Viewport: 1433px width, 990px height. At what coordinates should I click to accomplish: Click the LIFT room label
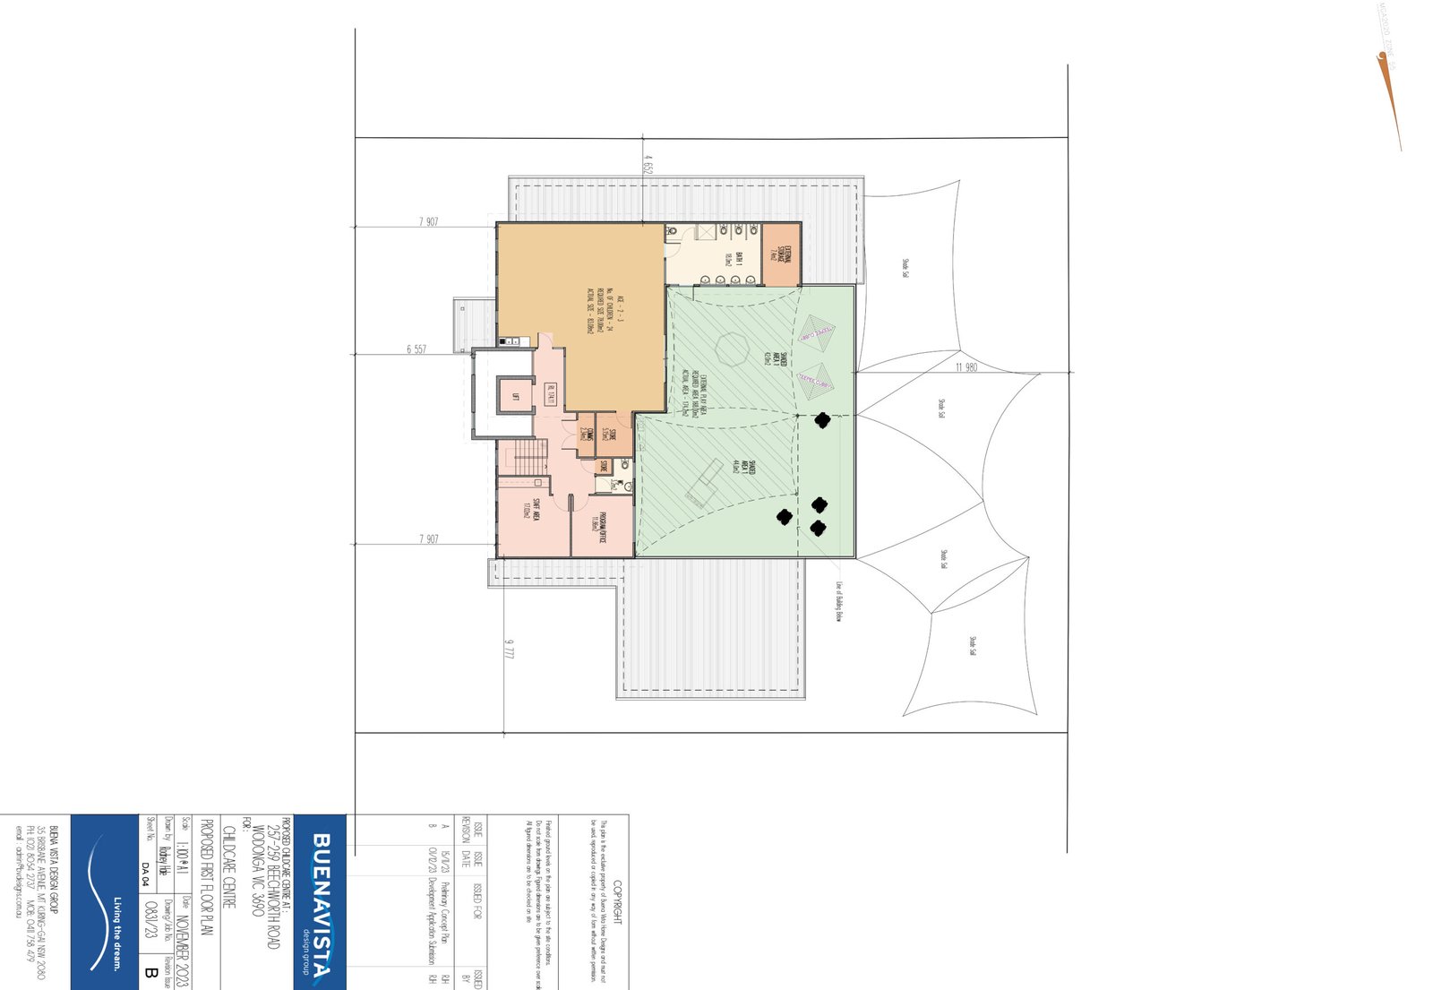(x=516, y=397)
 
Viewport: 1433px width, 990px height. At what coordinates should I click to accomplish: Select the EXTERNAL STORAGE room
(x=781, y=255)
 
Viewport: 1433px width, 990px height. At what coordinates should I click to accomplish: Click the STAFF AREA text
(x=532, y=509)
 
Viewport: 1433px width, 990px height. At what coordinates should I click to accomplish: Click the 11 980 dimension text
(x=966, y=367)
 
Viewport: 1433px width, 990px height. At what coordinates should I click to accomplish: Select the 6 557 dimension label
(x=416, y=349)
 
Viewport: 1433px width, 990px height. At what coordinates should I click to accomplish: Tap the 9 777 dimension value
(x=510, y=650)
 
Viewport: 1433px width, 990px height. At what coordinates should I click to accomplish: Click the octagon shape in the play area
(x=732, y=349)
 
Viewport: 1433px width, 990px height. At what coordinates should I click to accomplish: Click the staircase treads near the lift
(x=530, y=458)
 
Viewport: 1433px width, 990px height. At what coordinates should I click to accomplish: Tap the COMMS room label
(x=585, y=433)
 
